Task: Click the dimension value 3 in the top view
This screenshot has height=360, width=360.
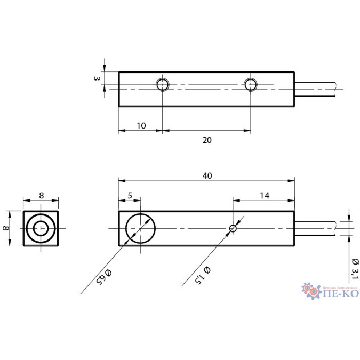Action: [97, 78]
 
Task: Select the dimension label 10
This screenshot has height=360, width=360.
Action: [141, 125]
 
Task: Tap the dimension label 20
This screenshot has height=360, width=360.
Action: [207, 140]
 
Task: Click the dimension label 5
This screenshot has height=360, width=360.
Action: [130, 196]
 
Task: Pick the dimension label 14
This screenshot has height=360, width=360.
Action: [264, 196]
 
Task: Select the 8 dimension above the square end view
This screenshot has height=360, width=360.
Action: [41, 196]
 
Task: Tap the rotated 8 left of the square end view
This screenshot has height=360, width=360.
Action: [6, 228]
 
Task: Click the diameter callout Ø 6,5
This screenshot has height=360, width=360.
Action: [104, 276]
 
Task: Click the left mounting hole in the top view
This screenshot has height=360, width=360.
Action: [162, 84]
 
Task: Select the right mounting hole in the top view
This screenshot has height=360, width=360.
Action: [251, 84]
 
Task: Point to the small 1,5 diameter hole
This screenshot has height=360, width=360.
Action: [233, 228]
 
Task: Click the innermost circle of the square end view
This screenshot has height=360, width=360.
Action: [41, 229]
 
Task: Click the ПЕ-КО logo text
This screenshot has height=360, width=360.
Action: [341, 293]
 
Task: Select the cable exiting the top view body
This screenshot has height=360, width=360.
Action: [316, 89]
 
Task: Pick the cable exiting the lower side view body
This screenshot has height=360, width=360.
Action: [316, 228]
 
